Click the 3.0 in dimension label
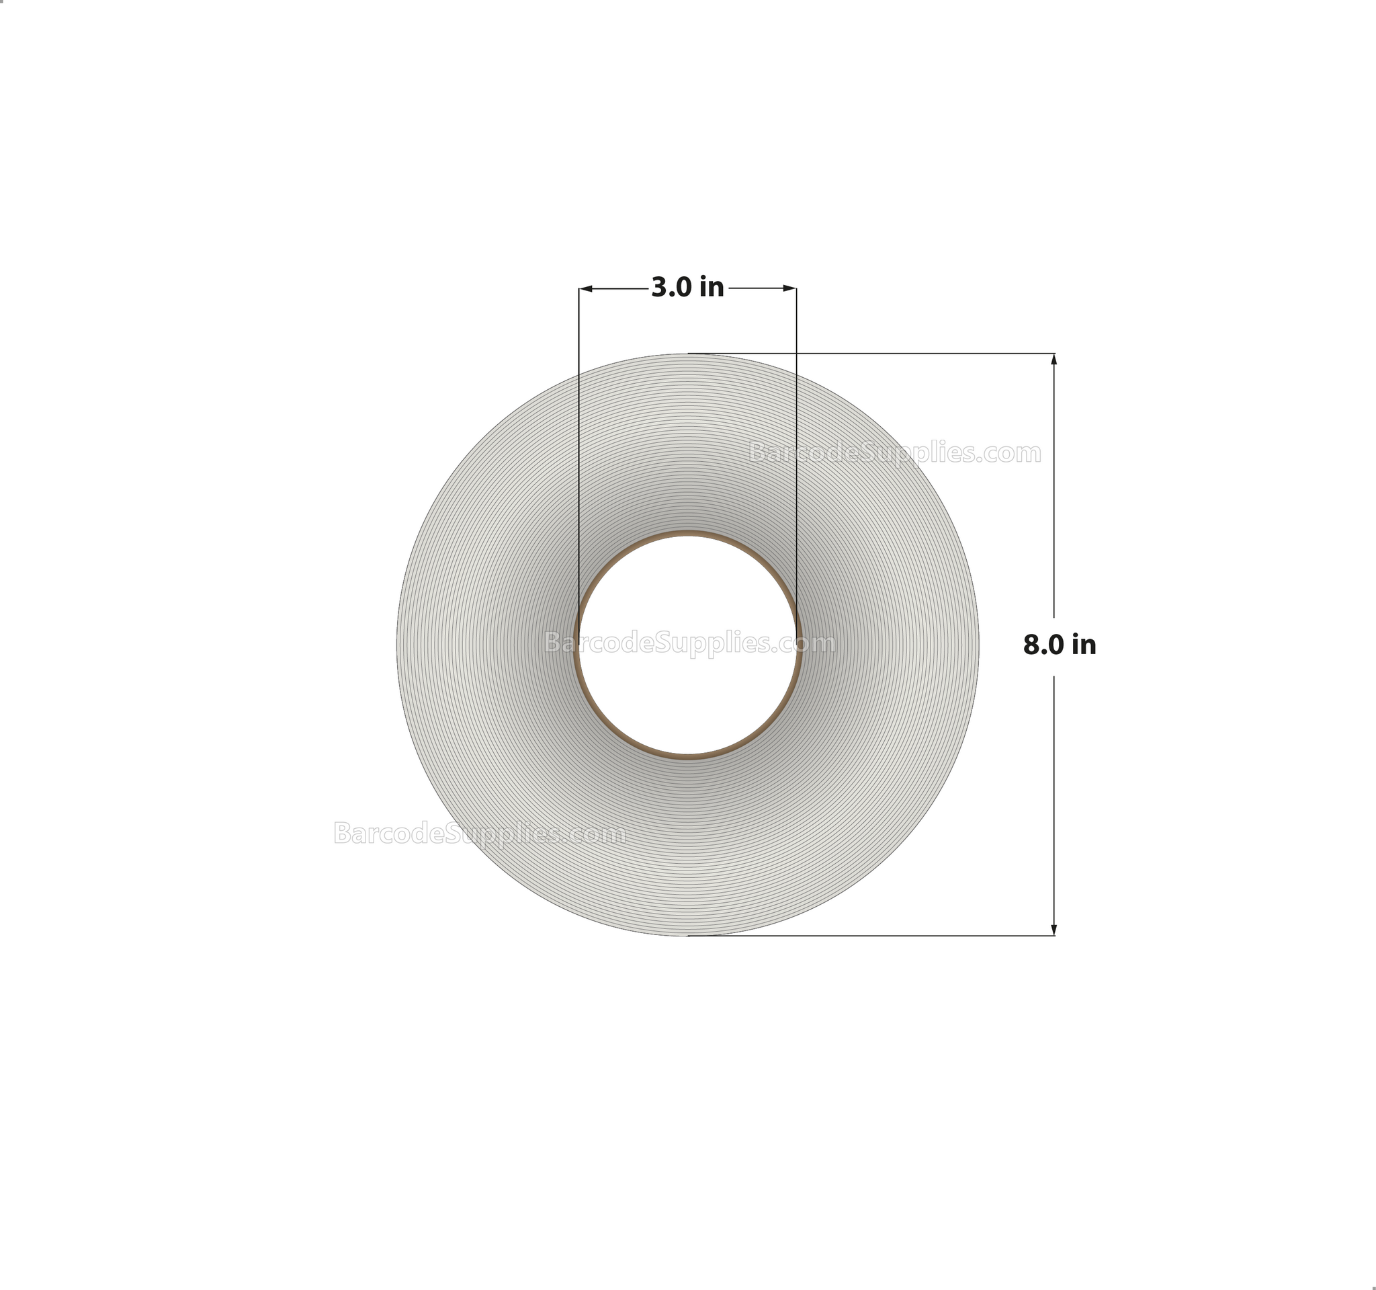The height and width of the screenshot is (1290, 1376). tap(687, 287)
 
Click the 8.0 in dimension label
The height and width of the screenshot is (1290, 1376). tap(1059, 645)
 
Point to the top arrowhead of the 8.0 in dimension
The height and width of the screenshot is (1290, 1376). tap(1053, 359)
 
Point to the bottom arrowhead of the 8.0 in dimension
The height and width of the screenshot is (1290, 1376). tap(1053, 930)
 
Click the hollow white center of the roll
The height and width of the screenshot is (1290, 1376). tap(687, 686)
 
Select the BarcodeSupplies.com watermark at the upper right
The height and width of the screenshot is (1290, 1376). tap(894, 453)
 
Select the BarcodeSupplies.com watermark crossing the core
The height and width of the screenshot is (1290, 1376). tap(689, 643)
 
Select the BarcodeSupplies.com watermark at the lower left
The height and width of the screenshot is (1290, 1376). tap(479, 833)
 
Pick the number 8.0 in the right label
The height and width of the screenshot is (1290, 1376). tap(1039, 645)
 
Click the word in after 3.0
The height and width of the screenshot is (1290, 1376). tap(712, 287)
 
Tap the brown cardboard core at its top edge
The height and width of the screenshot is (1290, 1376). tap(687, 534)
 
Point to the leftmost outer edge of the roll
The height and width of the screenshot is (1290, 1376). tap(397, 645)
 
